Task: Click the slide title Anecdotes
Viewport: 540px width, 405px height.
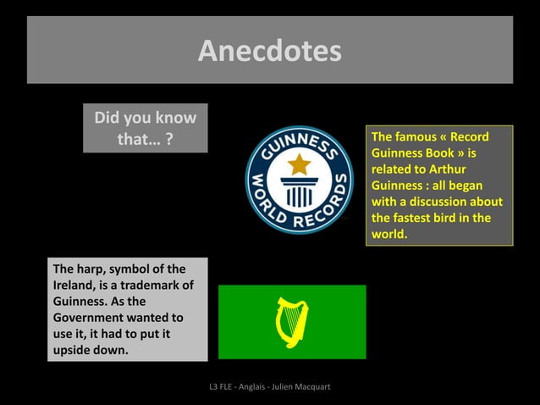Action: [x=270, y=52]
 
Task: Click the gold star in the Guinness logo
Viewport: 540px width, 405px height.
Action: [x=298, y=164]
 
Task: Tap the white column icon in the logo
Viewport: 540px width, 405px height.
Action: [x=298, y=192]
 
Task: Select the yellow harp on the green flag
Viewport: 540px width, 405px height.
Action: [x=292, y=322]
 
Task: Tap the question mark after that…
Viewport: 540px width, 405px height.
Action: [x=170, y=139]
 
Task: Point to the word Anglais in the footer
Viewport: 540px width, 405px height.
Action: [x=245, y=387]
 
